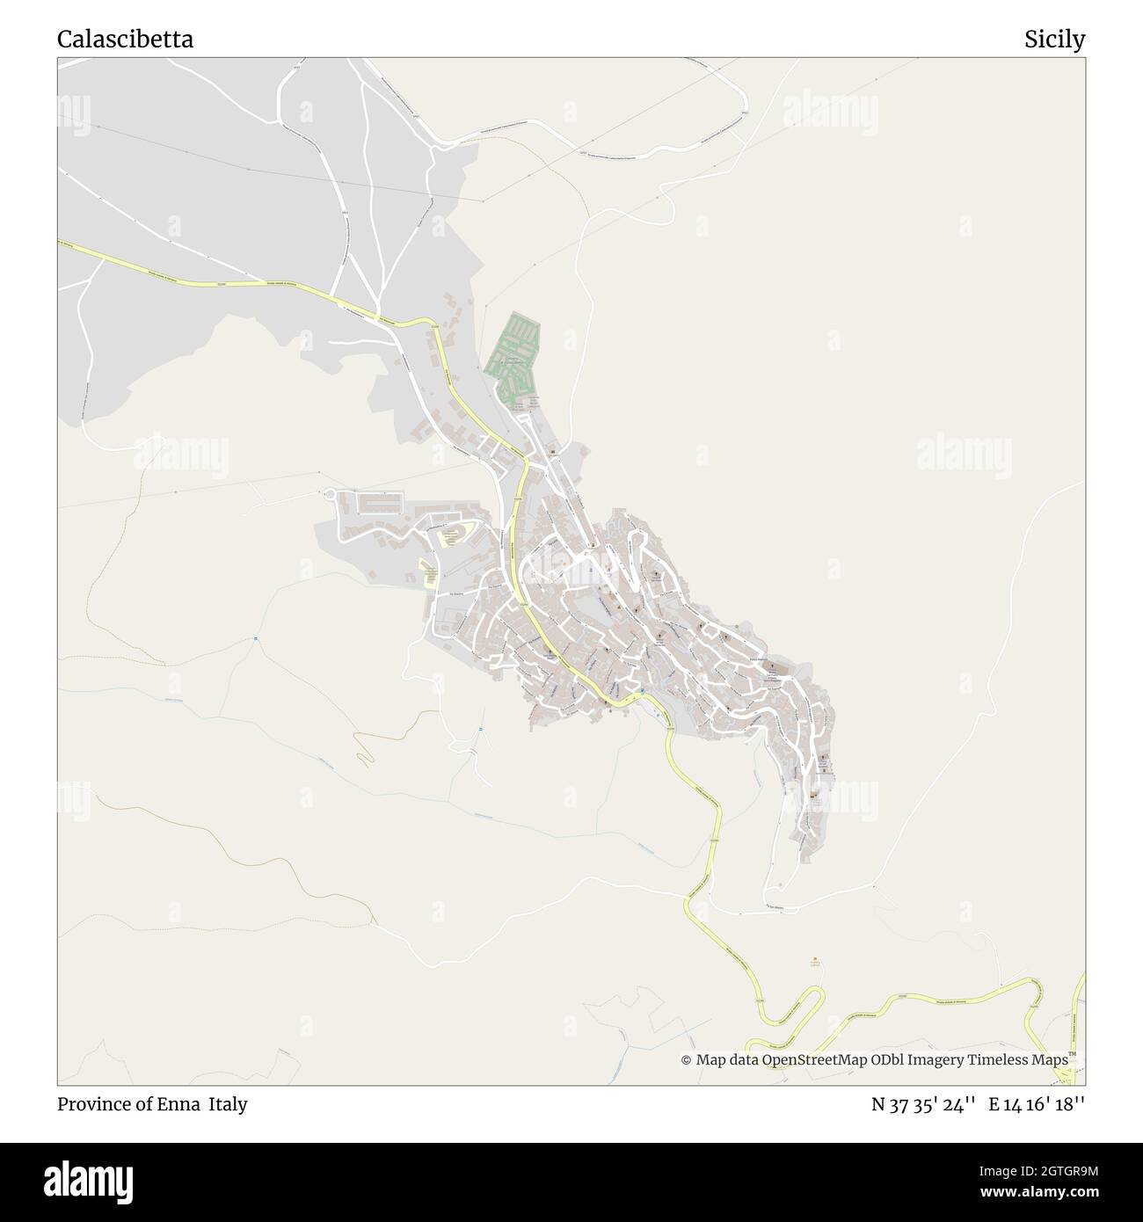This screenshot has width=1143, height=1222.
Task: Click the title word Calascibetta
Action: pos(126,40)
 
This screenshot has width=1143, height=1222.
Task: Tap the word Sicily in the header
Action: pos(1054,40)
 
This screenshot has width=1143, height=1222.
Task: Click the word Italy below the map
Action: pos(228,1104)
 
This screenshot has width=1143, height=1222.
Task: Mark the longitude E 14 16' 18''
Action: pos(1037,1104)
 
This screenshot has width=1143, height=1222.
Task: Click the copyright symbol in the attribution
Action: pos(686,1060)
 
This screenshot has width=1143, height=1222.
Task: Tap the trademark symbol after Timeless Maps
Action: pos(1073,1054)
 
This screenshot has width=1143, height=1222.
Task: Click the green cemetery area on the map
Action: pos(514,360)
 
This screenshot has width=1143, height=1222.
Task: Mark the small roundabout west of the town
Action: pos(331,495)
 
